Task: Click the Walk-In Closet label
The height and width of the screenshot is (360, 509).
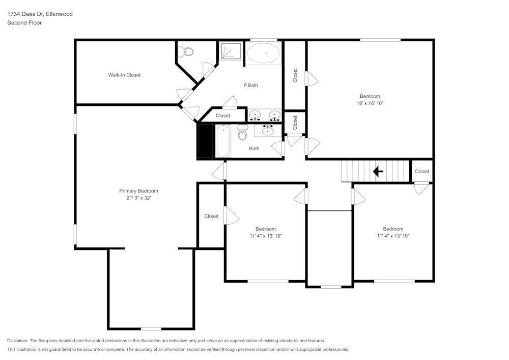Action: click(124, 75)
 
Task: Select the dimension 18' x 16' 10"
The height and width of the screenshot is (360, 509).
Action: click(370, 103)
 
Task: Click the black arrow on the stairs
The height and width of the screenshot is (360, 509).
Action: click(378, 172)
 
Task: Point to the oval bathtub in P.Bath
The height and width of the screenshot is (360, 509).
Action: click(263, 52)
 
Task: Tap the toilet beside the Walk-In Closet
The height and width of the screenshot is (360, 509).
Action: click(187, 51)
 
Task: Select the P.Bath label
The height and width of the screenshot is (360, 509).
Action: click(250, 85)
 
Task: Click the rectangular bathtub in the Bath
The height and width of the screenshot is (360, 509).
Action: click(223, 142)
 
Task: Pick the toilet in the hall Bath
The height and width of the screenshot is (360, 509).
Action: click(242, 132)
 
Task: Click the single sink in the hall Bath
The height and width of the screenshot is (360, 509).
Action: click(268, 130)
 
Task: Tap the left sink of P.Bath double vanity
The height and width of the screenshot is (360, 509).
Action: click(255, 116)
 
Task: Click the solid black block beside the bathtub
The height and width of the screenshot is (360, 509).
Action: click(206, 141)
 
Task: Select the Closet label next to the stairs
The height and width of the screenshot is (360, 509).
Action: click(422, 171)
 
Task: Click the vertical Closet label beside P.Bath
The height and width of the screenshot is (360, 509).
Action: click(295, 75)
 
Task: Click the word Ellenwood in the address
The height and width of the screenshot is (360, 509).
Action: click(59, 14)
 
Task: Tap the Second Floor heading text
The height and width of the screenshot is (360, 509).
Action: click(24, 23)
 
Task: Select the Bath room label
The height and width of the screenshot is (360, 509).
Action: click(254, 149)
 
